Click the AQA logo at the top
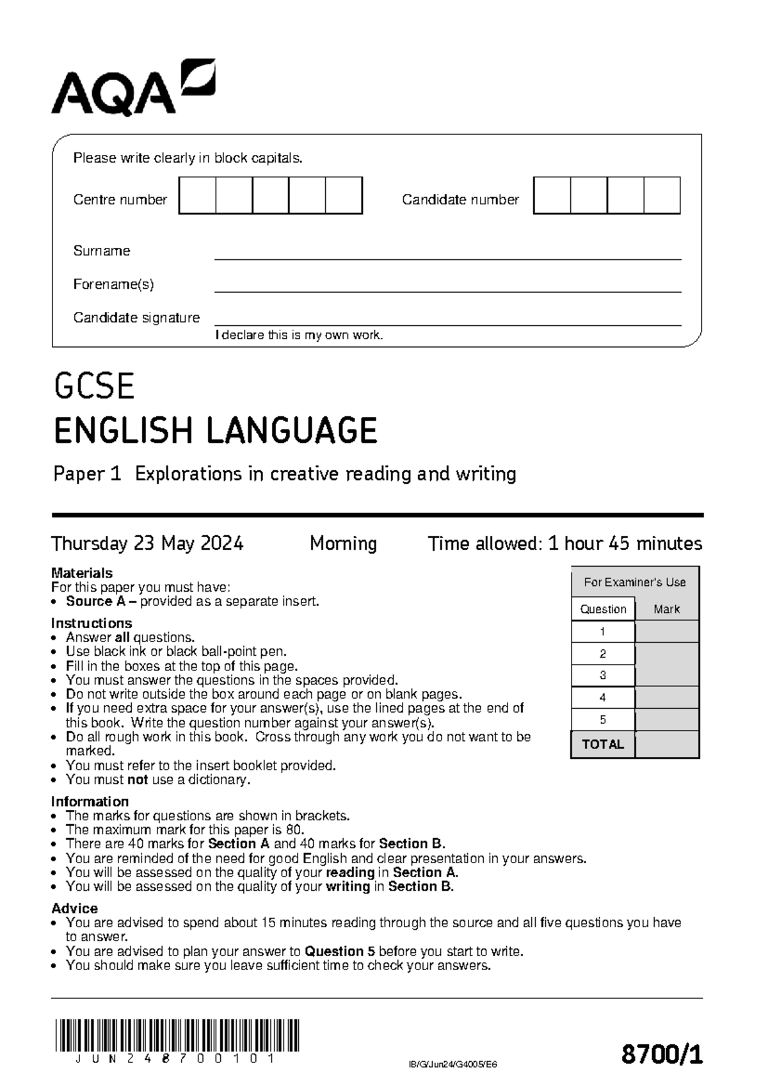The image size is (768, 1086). click(133, 88)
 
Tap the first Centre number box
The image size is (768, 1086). click(197, 196)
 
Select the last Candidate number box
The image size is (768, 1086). click(662, 196)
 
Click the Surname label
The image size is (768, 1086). click(101, 251)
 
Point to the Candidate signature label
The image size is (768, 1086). click(136, 318)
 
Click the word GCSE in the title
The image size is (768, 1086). click(94, 387)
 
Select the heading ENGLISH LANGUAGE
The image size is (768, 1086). click(215, 430)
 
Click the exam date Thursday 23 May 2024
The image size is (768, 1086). click(147, 544)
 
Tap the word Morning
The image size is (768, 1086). click(343, 544)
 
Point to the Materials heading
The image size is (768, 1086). click(82, 573)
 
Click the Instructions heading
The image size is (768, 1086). click(92, 623)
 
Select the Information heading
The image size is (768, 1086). click(90, 802)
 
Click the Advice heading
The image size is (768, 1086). click(74, 909)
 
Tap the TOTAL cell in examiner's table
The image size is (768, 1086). click(602, 745)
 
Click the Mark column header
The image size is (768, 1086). click(666, 609)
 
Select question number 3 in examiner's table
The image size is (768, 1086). click(602, 676)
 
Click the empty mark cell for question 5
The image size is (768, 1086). click(666, 720)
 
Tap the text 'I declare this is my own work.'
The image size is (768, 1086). click(299, 335)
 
